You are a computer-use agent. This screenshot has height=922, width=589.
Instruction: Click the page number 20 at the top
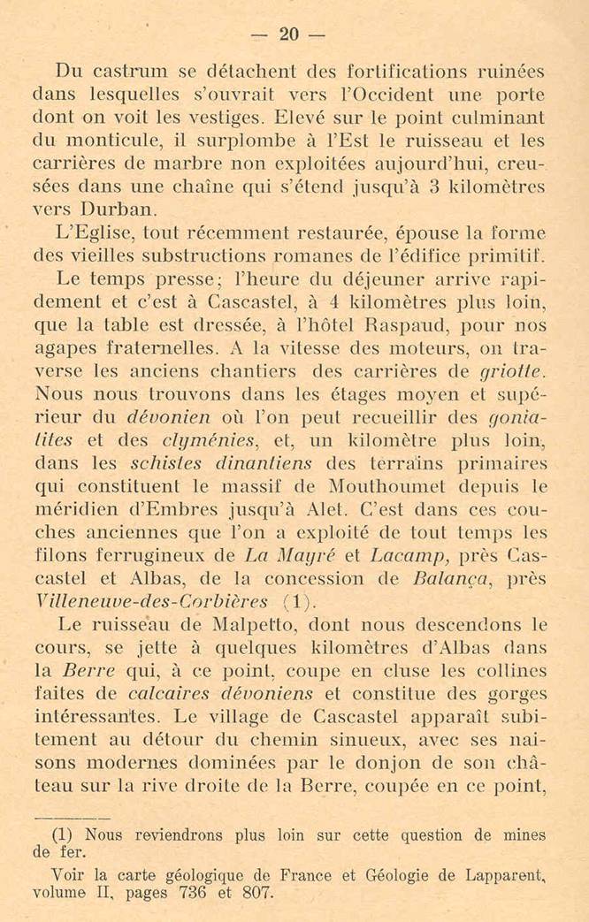tap(289, 34)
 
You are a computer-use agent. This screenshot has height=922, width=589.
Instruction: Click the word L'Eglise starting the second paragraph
tap(88, 234)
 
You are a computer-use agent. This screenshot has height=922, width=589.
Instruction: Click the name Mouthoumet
tap(386, 487)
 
